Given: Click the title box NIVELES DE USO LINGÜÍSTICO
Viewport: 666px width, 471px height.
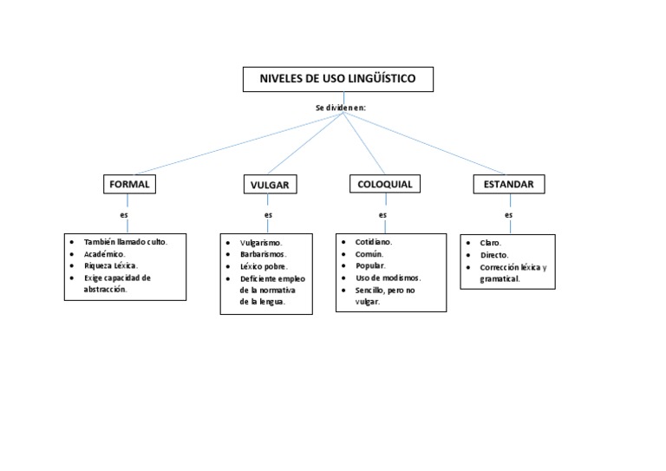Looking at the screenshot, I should (x=337, y=79).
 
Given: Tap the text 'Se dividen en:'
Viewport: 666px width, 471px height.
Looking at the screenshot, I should (x=341, y=108).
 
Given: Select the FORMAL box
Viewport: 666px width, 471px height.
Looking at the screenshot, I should (x=129, y=184).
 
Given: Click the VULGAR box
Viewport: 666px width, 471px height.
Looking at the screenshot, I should (x=269, y=185).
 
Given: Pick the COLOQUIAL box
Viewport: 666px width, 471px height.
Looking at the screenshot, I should (x=385, y=184).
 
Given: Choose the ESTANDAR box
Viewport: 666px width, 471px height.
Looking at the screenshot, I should (x=509, y=184).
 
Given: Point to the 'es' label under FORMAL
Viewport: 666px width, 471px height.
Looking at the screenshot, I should (x=124, y=213).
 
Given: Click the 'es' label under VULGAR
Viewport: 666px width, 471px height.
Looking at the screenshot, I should (x=269, y=214).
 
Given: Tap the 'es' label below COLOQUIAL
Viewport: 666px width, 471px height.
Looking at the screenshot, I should (x=383, y=214).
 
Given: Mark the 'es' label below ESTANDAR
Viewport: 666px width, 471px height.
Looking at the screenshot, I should (x=509, y=214).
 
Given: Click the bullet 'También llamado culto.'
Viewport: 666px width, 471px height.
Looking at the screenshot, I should (x=125, y=242).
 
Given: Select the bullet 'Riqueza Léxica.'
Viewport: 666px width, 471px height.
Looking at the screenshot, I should (x=111, y=265).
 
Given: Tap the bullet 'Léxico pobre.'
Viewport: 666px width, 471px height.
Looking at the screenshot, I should (x=264, y=267).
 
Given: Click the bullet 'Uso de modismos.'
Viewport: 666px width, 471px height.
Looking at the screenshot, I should (x=388, y=278).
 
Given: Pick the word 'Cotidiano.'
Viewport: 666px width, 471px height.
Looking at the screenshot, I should (x=374, y=242).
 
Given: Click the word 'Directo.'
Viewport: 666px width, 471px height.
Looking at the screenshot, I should (x=495, y=256).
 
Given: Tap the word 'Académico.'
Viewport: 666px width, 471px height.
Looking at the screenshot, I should (x=105, y=254).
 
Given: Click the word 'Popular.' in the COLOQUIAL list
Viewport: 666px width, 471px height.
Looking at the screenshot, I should (x=370, y=265).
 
